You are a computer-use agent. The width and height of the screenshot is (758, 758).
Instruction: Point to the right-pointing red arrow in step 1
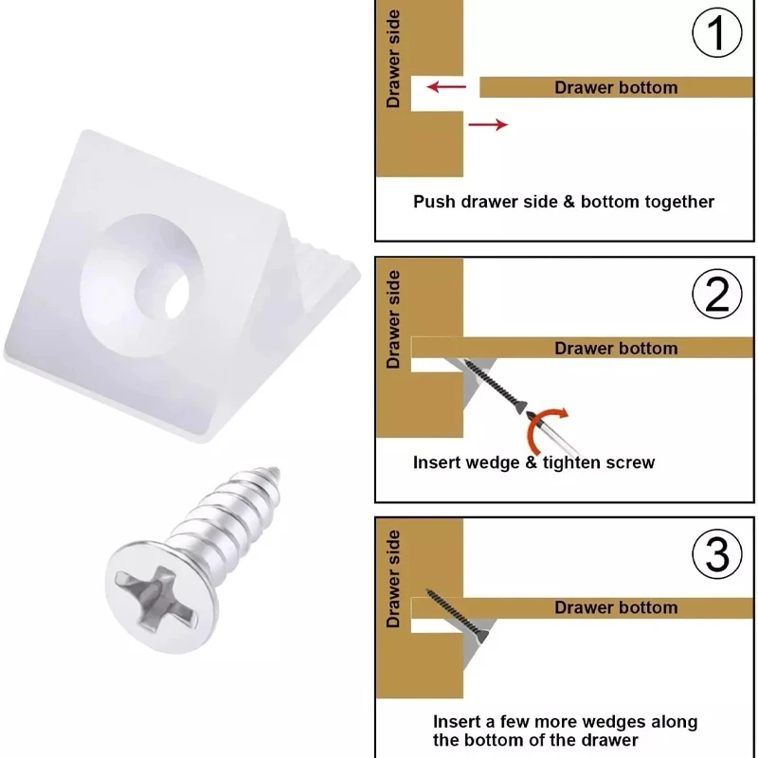(x=488, y=124)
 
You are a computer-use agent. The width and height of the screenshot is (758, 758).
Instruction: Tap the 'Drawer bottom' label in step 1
(x=616, y=88)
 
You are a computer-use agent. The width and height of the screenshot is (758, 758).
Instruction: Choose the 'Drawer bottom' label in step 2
(x=616, y=349)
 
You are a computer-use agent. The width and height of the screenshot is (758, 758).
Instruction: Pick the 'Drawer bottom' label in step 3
(x=616, y=607)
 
